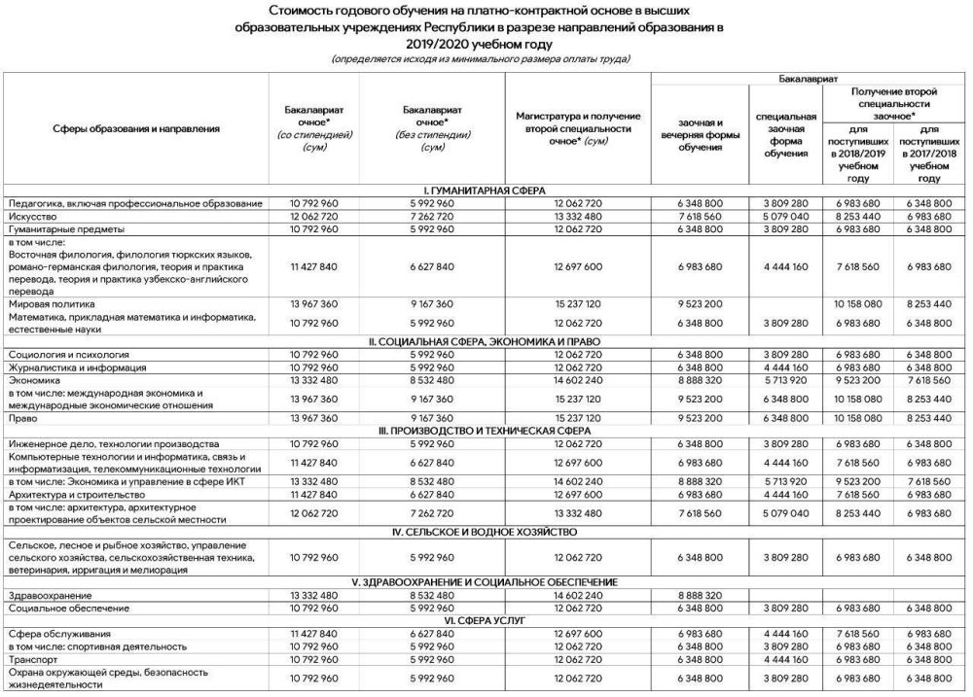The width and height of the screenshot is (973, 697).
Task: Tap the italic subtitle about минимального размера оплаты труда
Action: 481,59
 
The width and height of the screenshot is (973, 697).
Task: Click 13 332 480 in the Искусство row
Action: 578,216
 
